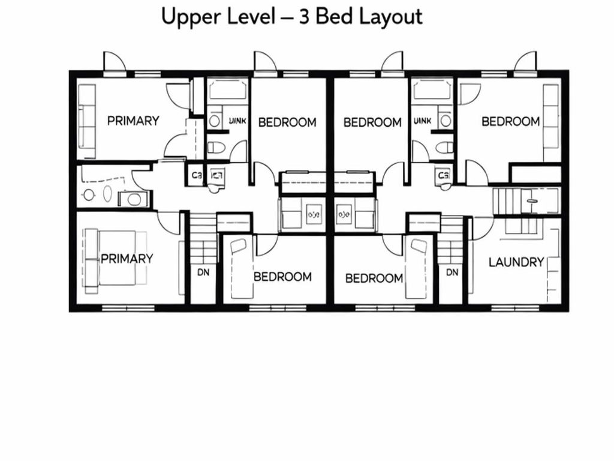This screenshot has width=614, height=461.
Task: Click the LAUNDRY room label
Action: [x=516, y=262]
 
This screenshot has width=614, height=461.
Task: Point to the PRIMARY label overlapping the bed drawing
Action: [x=127, y=259]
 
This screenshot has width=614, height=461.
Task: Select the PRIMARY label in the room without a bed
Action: [x=133, y=121]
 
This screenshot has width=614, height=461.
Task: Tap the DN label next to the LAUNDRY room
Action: [x=452, y=272]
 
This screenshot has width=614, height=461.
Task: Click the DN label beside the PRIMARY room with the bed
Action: [x=203, y=272]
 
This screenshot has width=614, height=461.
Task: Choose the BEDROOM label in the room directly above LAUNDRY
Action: [x=511, y=121]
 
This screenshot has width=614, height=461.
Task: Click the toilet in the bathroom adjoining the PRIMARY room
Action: [x=215, y=146]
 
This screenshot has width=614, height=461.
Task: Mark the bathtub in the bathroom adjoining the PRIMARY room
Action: [x=227, y=91]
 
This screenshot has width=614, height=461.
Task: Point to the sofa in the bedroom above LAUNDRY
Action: [x=550, y=122]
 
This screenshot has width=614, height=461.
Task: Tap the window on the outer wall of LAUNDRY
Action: [x=514, y=309]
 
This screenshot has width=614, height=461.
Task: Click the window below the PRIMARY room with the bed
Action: [x=127, y=309]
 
